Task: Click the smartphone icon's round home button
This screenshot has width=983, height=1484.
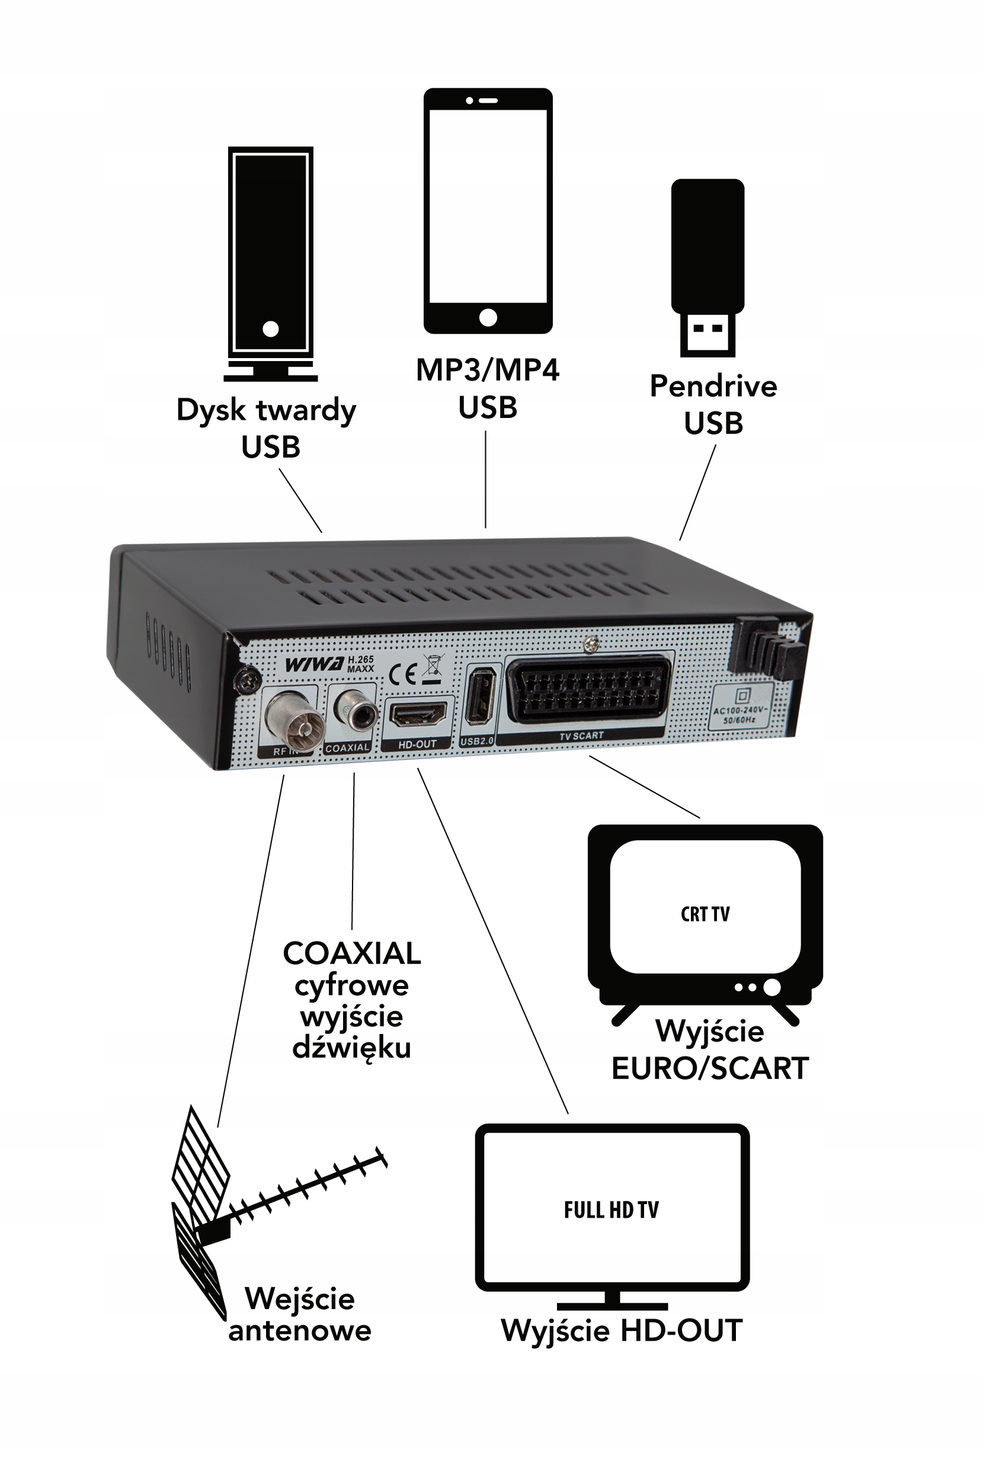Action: tap(488, 317)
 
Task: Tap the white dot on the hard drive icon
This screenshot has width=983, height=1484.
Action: tap(270, 328)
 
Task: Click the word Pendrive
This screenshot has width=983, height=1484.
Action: tap(713, 386)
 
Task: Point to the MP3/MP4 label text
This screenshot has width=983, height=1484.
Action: tap(487, 370)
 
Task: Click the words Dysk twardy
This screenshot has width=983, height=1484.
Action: tap(266, 410)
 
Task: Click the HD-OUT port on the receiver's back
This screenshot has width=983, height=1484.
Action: tap(418, 714)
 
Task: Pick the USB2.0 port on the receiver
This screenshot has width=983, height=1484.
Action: tap(479, 697)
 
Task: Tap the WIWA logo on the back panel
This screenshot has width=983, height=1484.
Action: tap(314, 665)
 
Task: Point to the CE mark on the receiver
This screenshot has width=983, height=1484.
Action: tap(402, 675)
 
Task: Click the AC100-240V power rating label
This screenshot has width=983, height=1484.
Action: tap(739, 715)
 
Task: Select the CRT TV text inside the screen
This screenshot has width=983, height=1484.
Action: tap(705, 914)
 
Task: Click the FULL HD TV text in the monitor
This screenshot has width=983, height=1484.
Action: tap(611, 1210)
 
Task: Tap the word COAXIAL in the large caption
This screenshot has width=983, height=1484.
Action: tap(352, 954)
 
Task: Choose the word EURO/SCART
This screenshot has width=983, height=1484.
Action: tap(710, 1068)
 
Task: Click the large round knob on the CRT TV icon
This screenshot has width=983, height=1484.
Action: tap(771, 987)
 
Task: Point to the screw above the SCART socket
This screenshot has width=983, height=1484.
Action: tap(590, 642)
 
